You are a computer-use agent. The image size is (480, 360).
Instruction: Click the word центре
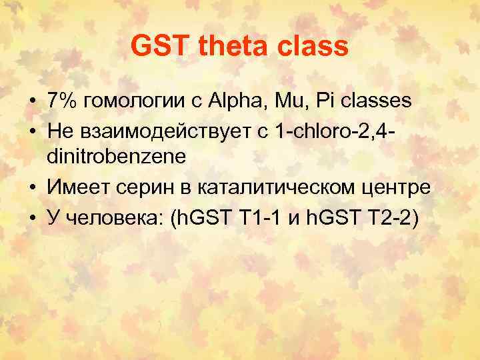click(x=396, y=189)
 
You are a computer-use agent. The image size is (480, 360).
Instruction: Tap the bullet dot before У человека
click(x=32, y=217)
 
